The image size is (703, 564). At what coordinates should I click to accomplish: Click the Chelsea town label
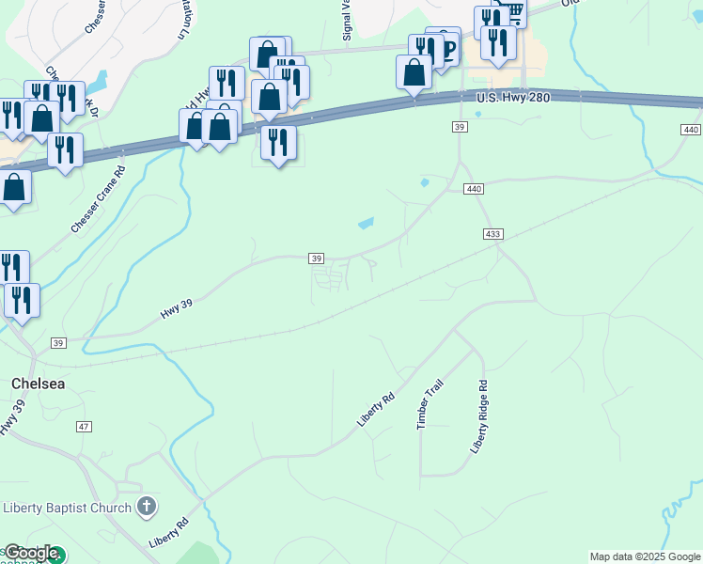[38, 384]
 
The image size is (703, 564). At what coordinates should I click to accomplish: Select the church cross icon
[146, 508]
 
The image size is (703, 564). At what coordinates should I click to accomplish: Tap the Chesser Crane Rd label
[98, 200]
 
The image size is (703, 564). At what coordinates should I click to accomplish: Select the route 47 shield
[85, 427]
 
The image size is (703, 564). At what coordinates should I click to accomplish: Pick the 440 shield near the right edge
[691, 129]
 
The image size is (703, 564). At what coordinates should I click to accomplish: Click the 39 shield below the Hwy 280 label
[460, 126]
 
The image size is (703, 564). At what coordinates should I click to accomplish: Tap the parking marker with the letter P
[447, 49]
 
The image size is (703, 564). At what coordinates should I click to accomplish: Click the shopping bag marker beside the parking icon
[414, 72]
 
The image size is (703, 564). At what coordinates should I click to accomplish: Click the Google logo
[32, 554]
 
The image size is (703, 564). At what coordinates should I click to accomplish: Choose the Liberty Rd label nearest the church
[169, 532]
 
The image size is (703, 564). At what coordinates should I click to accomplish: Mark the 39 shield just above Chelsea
[59, 343]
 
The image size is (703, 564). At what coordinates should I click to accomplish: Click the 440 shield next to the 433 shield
[474, 189]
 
